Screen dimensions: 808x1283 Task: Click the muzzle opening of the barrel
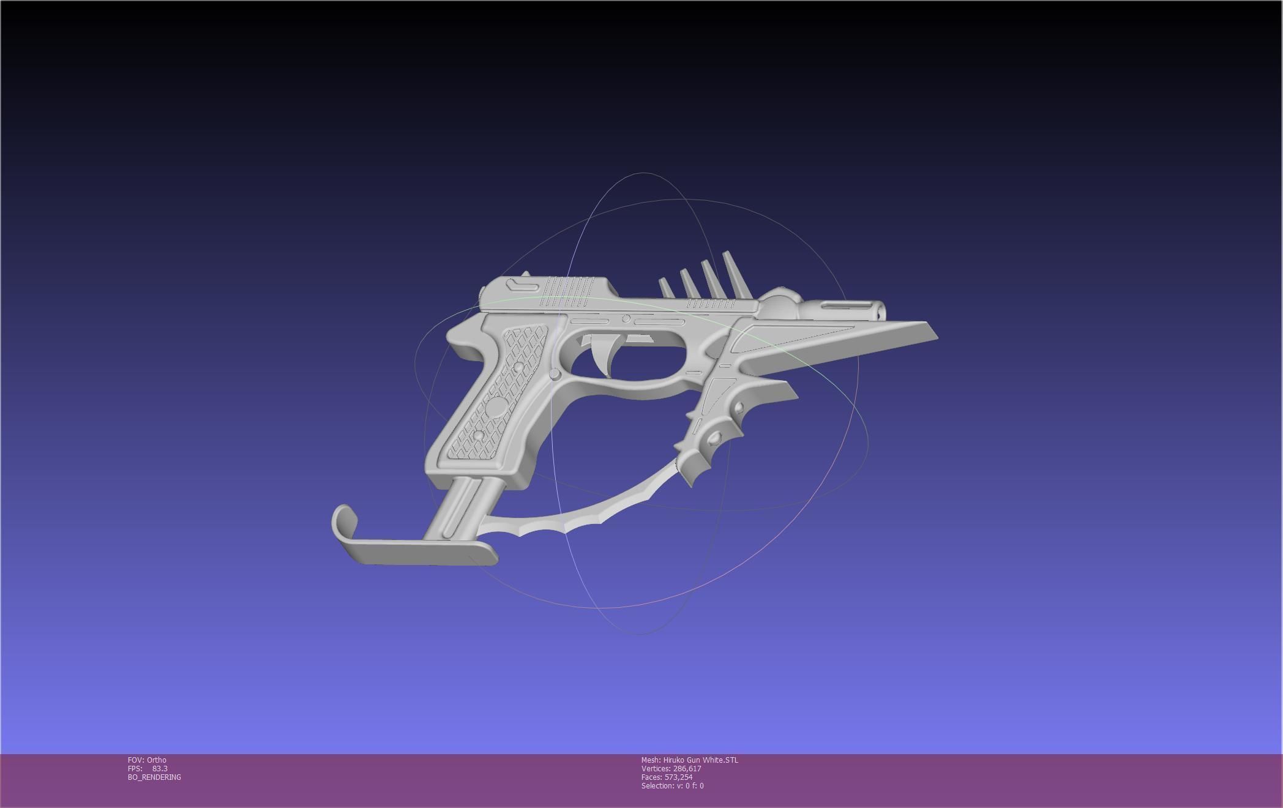880,313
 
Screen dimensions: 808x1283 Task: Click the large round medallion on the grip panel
498,406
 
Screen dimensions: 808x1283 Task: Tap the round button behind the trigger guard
555,373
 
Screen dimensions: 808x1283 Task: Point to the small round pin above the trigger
626,319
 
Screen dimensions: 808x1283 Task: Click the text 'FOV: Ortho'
147,760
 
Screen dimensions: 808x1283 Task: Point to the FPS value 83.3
160,769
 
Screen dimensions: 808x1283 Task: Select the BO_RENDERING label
154,777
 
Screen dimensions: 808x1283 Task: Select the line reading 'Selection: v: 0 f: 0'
673,786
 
